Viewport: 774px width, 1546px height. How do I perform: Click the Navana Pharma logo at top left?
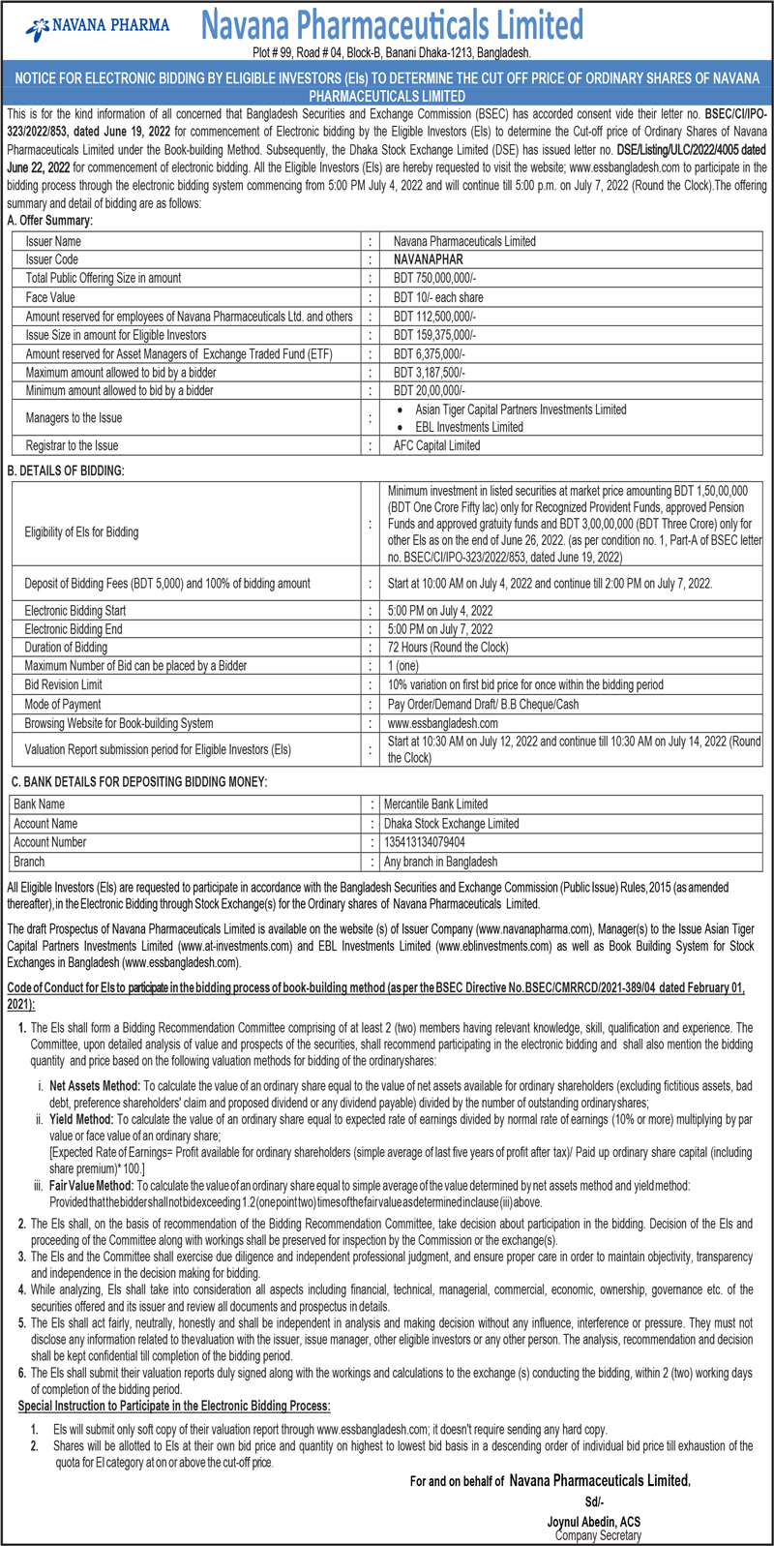pos(97,26)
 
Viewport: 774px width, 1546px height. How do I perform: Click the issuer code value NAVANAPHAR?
pos(428,259)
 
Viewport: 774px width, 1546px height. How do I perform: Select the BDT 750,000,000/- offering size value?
pos(434,278)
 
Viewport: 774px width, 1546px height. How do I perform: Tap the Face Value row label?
pos(50,297)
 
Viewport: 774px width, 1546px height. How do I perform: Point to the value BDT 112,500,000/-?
pos(434,316)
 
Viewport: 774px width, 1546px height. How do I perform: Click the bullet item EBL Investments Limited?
pos(469,427)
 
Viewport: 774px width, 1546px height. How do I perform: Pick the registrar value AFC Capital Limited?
pos(436,445)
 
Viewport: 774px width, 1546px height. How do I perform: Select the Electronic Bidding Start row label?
pos(75,611)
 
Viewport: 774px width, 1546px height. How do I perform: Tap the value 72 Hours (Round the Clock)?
pos(447,648)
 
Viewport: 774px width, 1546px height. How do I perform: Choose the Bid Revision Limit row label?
pos(64,684)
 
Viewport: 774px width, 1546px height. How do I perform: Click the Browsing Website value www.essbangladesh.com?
pos(443,723)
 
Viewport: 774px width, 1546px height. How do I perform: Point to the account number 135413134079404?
pos(424,842)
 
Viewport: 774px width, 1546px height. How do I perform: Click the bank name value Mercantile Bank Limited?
pos(435,804)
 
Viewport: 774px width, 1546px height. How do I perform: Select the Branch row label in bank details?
pos(29,862)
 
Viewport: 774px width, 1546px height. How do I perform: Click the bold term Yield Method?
pos(81,1120)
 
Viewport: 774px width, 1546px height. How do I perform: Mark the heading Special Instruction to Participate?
pos(174,1406)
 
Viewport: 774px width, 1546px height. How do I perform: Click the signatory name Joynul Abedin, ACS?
pos(593,1522)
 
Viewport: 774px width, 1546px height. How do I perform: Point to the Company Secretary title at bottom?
pos(598,1535)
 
